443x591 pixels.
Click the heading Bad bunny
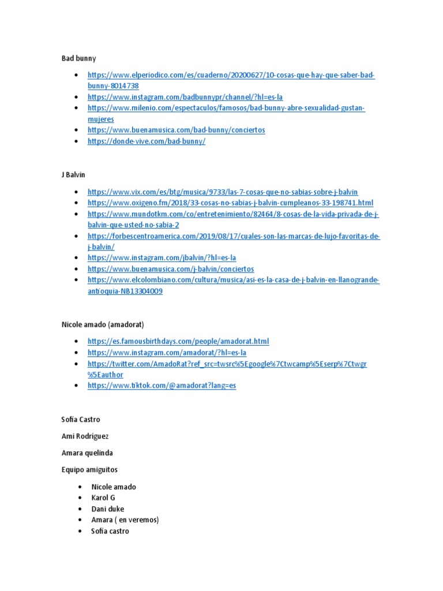click(x=78, y=58)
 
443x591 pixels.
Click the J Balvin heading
click(x=73, y=174)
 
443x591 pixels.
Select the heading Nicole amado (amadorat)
click(x=103, y=324)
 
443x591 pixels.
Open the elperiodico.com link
click(x=231, y=75)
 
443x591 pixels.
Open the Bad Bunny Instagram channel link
click(x=185, y=97)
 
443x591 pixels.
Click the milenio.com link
click(x=226, y=108)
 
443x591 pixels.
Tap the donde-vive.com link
click(x=147, y=141)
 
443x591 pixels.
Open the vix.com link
click(x=223, y=192)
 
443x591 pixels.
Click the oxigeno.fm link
click(x=230, y=203)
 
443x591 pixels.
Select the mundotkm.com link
click(x=233, y=214)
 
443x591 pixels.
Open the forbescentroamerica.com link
click(x=234, y=236)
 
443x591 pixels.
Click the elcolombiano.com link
click(x=233, y=280)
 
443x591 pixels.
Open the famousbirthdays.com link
click(x=178, y=341)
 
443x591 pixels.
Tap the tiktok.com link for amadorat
click(x=162, y=386)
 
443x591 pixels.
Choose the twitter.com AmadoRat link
click(x=227, y=364)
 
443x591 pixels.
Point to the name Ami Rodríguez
click(x=84, y=436)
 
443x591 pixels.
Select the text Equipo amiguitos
click(x=89, y=470)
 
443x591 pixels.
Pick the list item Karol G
click(x=104, y=498)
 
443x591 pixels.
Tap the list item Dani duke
click(x=107, y=509)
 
